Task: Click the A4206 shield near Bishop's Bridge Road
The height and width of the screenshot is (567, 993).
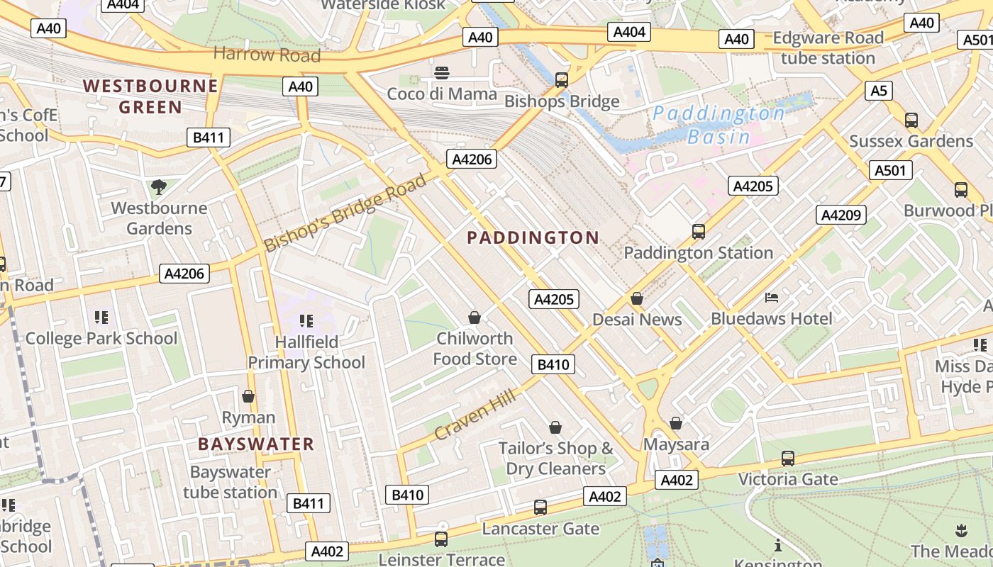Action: [x=472, y=159]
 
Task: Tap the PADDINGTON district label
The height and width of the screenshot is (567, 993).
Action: [x=533, y=237]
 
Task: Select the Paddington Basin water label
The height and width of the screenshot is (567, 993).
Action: [x=719, y=125]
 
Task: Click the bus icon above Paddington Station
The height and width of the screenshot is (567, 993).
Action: [x=698, y=231]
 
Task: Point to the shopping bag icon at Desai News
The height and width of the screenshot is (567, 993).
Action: [x=637, y=299]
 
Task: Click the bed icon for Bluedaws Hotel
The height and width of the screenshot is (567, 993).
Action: [x=772, y=298]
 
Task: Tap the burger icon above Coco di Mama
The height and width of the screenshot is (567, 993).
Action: [x=442, y=72]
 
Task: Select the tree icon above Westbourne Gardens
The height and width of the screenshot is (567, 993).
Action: [x=159, y=187]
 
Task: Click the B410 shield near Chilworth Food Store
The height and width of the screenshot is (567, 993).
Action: [x=553, y=364]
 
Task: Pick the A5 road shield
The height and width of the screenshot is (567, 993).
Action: [x=878, y=91]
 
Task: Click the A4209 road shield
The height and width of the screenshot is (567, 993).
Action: [x=841, y=214]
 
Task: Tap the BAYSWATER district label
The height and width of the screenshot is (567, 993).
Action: [x=255, y=444]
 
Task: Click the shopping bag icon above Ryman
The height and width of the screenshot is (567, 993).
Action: [x=248, y=396]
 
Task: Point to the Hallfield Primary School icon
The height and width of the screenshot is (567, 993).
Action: [x=306, y=320]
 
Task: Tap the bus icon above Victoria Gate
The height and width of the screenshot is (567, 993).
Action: [x=787, y=459]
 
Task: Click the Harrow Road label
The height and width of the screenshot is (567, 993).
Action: [x=267, y=55]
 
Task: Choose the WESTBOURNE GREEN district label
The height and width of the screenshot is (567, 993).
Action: [x=150, y=96]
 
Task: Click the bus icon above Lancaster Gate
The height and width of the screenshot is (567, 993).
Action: [x=540, y=507]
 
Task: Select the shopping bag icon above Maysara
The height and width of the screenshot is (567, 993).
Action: [x=676, y=423]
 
